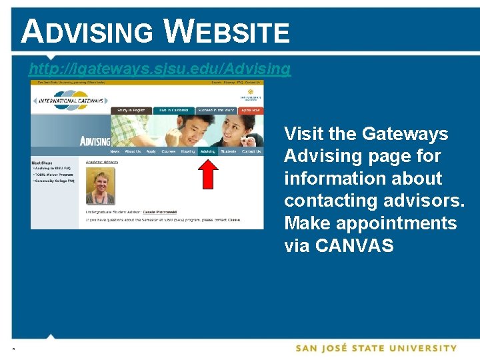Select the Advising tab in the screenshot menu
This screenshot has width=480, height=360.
coord(207,151)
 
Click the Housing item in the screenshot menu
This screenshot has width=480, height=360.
coord(188,151)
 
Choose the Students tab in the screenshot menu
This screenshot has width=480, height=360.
coord(229,151)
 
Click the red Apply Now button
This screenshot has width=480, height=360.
coord(251,110)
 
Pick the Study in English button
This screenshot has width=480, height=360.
coord(132,110)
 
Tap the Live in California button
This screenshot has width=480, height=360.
coord(173,110)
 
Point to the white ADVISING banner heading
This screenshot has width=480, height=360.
coord(95,141)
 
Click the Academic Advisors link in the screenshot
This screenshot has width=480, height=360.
coord(101,161)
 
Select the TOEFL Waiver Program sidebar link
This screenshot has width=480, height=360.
coord(54,175)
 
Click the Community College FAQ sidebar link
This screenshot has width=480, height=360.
coord(55,181)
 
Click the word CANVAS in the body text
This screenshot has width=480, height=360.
coord(354,245)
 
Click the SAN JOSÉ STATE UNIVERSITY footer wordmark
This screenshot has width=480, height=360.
coord(377,348)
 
